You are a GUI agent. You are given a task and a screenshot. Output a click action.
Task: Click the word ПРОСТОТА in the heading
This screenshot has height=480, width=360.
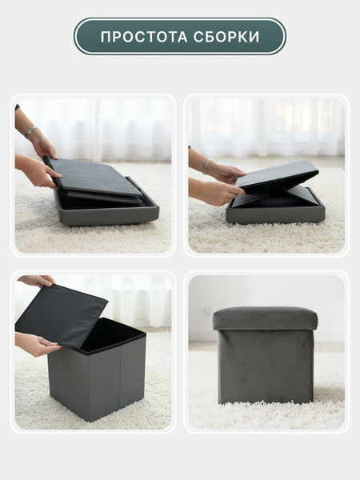pyautogui.click(x=144, y=37)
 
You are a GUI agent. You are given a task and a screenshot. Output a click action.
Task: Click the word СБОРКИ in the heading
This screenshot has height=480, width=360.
pyautogui.click(x=226, y=37)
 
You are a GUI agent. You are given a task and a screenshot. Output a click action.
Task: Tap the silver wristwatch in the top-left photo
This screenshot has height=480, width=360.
pyautogui.click(x=30, y=131)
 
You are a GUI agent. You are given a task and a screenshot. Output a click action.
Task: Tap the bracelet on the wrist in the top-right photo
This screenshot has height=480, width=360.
pyautogui.click(x=206, y=166)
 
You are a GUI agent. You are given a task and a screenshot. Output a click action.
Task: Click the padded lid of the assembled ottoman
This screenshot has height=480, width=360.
pyautogui.click(x=265, y=318)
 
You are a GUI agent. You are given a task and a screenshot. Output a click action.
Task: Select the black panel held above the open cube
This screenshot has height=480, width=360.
pyautogui.click(x=62, y=315)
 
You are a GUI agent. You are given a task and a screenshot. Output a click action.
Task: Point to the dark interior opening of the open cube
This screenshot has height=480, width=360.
pyautogui.click(x=110, y=334)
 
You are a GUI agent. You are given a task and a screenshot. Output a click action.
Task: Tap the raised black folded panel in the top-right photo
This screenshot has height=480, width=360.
pyautogui.click(x=277, y=175)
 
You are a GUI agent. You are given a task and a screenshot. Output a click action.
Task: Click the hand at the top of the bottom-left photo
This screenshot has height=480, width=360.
pyautogui.click(x=37, y=280)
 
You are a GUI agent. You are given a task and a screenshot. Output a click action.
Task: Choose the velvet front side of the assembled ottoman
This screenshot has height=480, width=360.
pyautogui.click(x=266, y=366)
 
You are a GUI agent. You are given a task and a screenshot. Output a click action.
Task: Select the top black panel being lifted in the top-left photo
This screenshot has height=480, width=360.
pyautogui.click(x=92, y=176)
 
